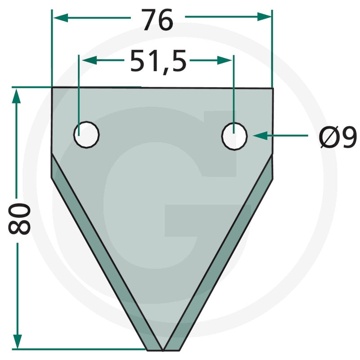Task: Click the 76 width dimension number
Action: click(157, 20)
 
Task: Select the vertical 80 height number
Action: click(19, 219)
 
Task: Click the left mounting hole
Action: click(86, 135)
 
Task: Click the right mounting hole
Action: click(234, 136)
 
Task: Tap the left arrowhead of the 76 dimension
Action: click(60, 18)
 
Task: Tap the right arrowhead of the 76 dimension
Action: click(265, 17)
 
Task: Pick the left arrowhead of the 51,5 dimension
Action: click(90, 60)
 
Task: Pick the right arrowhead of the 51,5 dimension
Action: click(225, 60)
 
